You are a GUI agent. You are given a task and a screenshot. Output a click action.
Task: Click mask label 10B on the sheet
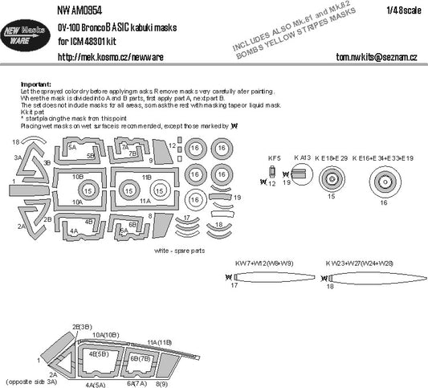coord(77,175)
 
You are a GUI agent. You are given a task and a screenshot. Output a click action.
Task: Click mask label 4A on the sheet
coord(73,231)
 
